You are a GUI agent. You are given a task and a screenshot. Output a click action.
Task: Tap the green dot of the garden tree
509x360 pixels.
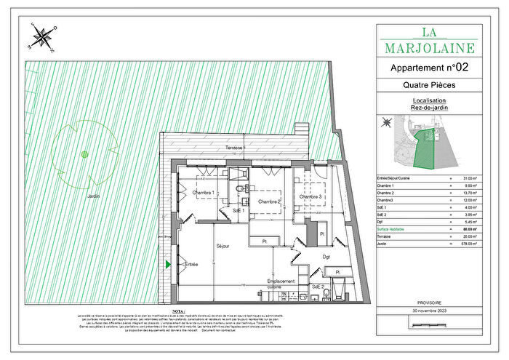click(84, 153)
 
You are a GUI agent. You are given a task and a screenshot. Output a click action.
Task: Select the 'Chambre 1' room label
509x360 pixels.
click(203, 193)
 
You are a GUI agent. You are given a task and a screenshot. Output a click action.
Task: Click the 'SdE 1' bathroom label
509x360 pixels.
click(238, 210)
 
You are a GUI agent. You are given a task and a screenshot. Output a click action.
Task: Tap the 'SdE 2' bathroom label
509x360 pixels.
click(318, 287)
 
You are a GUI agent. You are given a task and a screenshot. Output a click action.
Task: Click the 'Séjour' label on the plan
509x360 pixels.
click(223, 247)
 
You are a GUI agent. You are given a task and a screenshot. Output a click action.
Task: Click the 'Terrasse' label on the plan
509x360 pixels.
click(235, 148)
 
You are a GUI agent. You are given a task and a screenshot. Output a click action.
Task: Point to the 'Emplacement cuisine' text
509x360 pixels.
click(281, 284)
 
